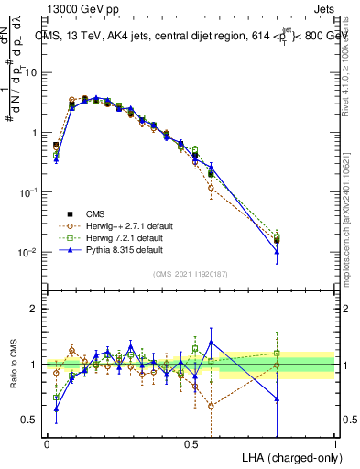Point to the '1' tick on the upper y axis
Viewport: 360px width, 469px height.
36,133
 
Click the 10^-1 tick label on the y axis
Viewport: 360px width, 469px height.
31,192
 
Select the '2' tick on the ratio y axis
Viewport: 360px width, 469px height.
36,309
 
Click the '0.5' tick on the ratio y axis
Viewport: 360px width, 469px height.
32,420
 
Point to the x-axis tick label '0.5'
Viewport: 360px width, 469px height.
191,443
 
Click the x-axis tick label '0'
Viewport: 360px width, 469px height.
47,443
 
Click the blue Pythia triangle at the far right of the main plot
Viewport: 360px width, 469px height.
277,252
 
